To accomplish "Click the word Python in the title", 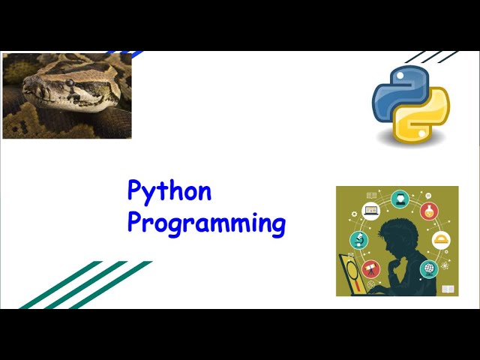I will click(169, 191).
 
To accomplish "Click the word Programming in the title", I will click(206, 223).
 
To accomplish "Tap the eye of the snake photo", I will click(69, 82).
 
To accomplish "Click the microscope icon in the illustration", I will click(358, 240).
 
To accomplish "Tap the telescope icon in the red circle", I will click(370, 268).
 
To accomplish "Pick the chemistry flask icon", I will click(429, 211).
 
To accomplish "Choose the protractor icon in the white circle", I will click(442, 241).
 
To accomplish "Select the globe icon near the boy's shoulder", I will click(428, 268).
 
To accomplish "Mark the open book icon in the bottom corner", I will click(448, 289).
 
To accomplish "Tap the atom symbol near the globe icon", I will click(445, 265).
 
